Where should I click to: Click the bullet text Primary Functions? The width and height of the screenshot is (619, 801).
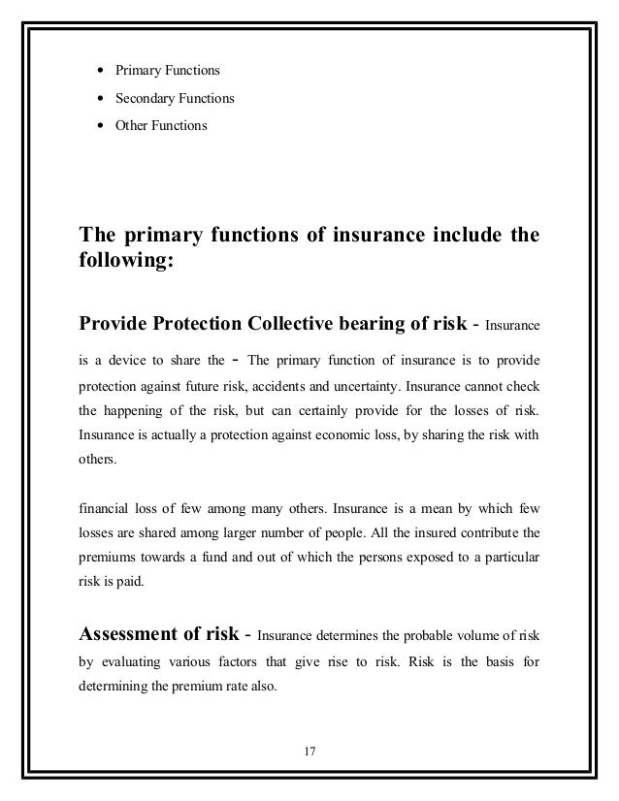pyautogui.click(x=168, y=71)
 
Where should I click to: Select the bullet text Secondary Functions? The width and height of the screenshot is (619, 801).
pyautogui.click(x=175, y=98)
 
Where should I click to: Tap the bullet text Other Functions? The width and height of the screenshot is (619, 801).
pyautogui.click(x=161, y=125)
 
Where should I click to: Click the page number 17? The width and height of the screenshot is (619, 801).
pyautogui.click(x=309, y=750)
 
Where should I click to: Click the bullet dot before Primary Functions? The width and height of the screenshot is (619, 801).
pyautogui.click(x=101, y=71)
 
